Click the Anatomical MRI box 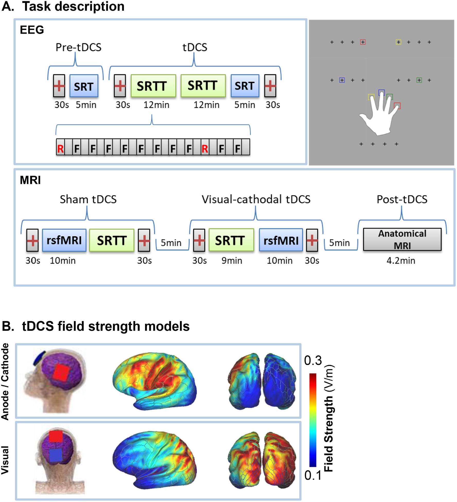[402, 239]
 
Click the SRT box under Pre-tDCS [84, 86]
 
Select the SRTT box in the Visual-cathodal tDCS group [231, 240]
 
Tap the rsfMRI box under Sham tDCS [64, 240]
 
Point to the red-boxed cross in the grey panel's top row [363, 42]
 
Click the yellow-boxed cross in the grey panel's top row [398, 42]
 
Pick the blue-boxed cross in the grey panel [342, 80]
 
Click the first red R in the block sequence [60, 149]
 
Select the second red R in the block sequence [205, 149]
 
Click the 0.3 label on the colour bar [313, 361]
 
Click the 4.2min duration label [401, 261]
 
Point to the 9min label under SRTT [232, 261]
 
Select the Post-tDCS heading [402, 200]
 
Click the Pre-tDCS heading [78, 47]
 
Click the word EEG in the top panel [32, 30]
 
